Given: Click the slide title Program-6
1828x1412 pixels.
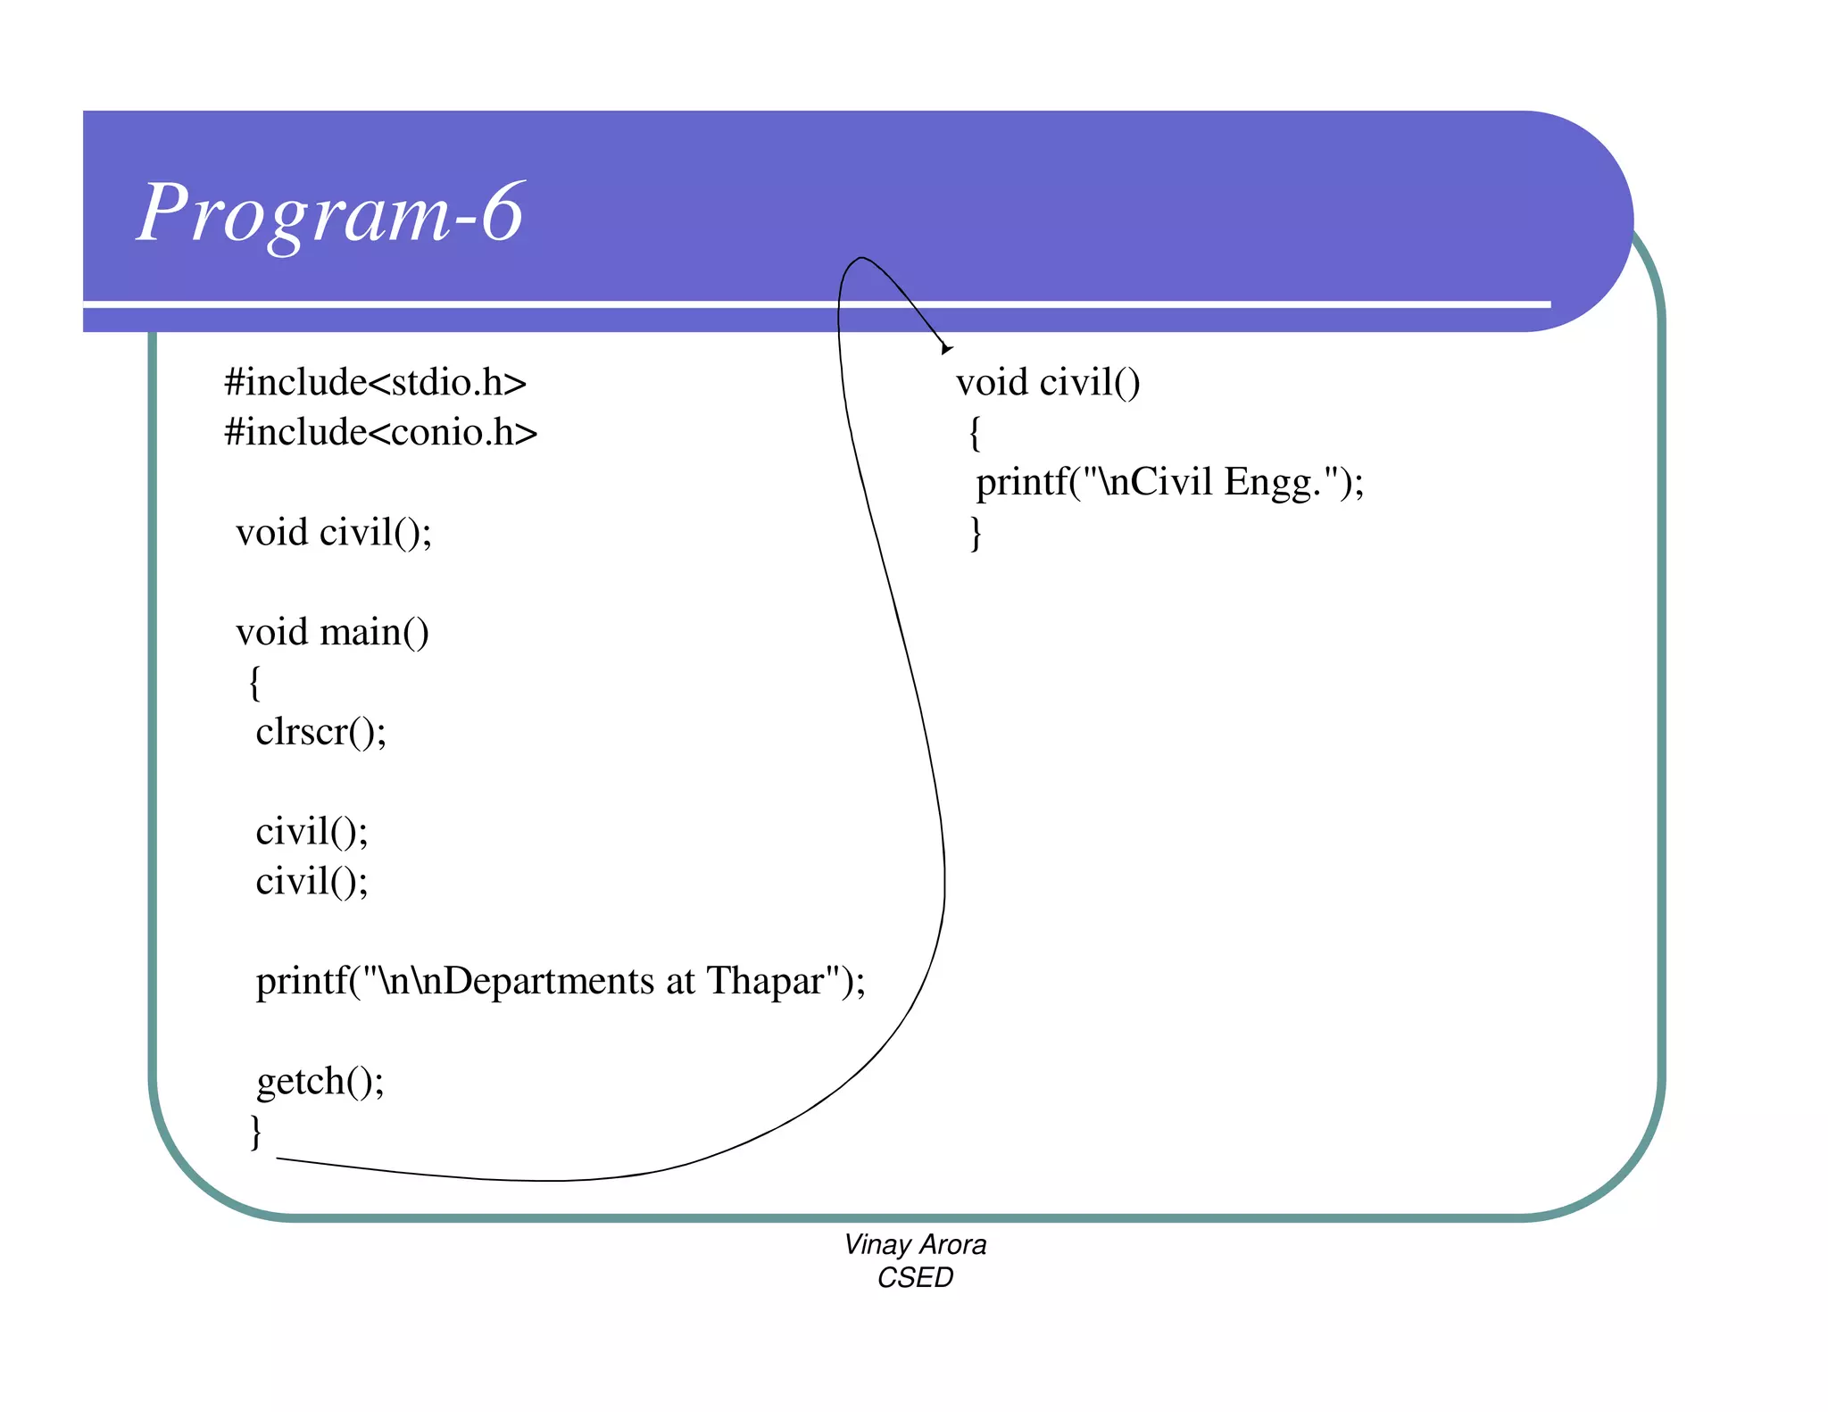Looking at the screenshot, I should (330, 213).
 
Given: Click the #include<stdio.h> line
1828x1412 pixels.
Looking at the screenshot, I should (375, 383).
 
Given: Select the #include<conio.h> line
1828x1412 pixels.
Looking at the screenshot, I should (380, 433).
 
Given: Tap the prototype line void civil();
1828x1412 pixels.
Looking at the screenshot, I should (334, 533).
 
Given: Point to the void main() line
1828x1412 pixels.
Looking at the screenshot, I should (332, 633).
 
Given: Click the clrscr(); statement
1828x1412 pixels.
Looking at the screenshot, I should (320, 733).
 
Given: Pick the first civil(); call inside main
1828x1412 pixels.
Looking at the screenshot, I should (312, 832).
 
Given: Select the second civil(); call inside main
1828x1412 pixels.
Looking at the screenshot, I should (312, 882).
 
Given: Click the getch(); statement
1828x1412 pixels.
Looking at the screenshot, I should (320, 1082).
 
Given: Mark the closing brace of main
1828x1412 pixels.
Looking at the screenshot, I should (256, 1132).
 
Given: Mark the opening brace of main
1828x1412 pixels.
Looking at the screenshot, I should (255, 684).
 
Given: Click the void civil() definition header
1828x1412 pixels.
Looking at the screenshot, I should (1048, 383).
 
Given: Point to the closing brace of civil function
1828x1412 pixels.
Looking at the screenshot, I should (976, 534).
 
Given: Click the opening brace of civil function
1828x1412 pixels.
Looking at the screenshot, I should (976, 434).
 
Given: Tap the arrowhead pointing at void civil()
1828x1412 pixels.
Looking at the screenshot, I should (946, 348).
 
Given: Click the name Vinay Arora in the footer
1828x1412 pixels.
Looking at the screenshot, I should (915, 1244).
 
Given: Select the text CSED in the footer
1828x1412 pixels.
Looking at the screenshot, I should (915, 1277).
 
